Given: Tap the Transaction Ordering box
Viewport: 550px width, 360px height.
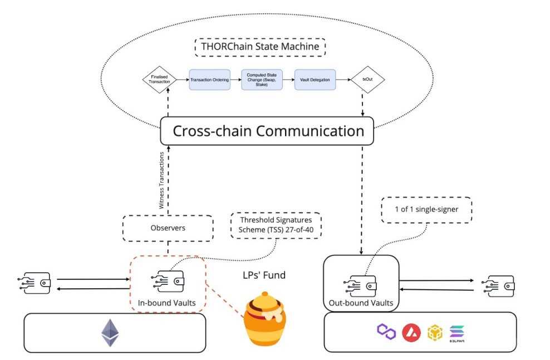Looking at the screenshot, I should pyautogui.click(x=210, y=80).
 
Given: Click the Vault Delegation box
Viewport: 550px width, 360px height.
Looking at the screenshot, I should pyautogui.click(x=312, y=80).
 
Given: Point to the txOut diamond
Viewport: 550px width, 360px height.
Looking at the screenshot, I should pyautogui.click(x=367, y=80).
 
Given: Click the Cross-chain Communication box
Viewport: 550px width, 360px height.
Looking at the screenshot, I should pyautogui.click(x=268, y=131).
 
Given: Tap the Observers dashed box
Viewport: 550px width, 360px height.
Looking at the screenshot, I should pyautogui.click(x=167, y=228).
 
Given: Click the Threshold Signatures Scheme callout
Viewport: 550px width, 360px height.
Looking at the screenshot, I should pyautogui.click(x=276, y=226).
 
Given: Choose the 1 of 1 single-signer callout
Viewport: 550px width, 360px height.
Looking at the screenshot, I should pyautogui.click(x=426, y=211).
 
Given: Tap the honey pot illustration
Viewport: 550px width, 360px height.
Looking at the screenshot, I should pyautogui.click(x=266, y=320).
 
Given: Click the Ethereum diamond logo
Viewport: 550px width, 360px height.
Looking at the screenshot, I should pyautogui.click(x=110, y=333).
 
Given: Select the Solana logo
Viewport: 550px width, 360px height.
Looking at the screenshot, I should pyautogui.click(x=457, y=333).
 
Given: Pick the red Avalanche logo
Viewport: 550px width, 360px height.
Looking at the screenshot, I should pyautogui.click(x=411, y=333).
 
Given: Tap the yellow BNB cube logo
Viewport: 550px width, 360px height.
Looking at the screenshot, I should pyautogui.click(x=434, y=333).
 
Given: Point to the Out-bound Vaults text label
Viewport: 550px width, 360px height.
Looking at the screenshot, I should pyautogui.click(x=361, y=303).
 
